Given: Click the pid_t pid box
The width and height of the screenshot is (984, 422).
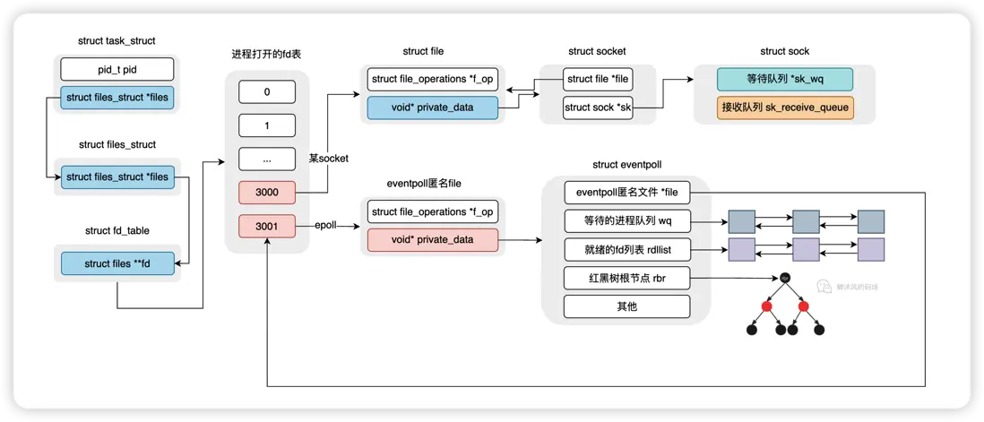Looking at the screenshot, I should click(117, 69).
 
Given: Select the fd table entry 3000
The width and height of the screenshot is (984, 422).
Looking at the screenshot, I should click(266, 193).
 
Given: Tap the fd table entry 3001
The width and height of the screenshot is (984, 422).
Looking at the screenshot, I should click(266, 227).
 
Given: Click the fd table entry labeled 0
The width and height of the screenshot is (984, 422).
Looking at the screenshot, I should click(266, 91).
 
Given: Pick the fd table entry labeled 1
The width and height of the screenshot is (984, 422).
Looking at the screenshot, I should click(266, 125).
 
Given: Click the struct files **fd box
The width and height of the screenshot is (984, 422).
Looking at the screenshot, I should click(117, 264).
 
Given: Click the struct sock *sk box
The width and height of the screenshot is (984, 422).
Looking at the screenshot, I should click(597, 108).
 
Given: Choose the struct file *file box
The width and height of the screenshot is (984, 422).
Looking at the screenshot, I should click(597, 79).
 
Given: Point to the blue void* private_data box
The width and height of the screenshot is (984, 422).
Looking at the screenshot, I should click(432, 108).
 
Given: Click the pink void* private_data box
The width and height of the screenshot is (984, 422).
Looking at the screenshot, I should click(432, 240).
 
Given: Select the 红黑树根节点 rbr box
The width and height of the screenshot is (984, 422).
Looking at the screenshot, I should click(626, 279).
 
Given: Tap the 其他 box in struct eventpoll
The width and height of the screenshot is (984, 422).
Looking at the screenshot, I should click(626, 307).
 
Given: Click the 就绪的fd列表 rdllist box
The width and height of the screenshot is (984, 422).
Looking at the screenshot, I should click(626, 249).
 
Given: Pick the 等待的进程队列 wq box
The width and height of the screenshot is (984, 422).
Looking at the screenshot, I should click(626, 220).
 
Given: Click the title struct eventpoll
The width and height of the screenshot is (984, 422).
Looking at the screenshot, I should click(626, 165).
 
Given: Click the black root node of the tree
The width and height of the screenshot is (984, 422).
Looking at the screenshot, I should click(785, 278).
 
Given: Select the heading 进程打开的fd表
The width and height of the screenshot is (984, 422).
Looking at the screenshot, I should click(266, 54).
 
